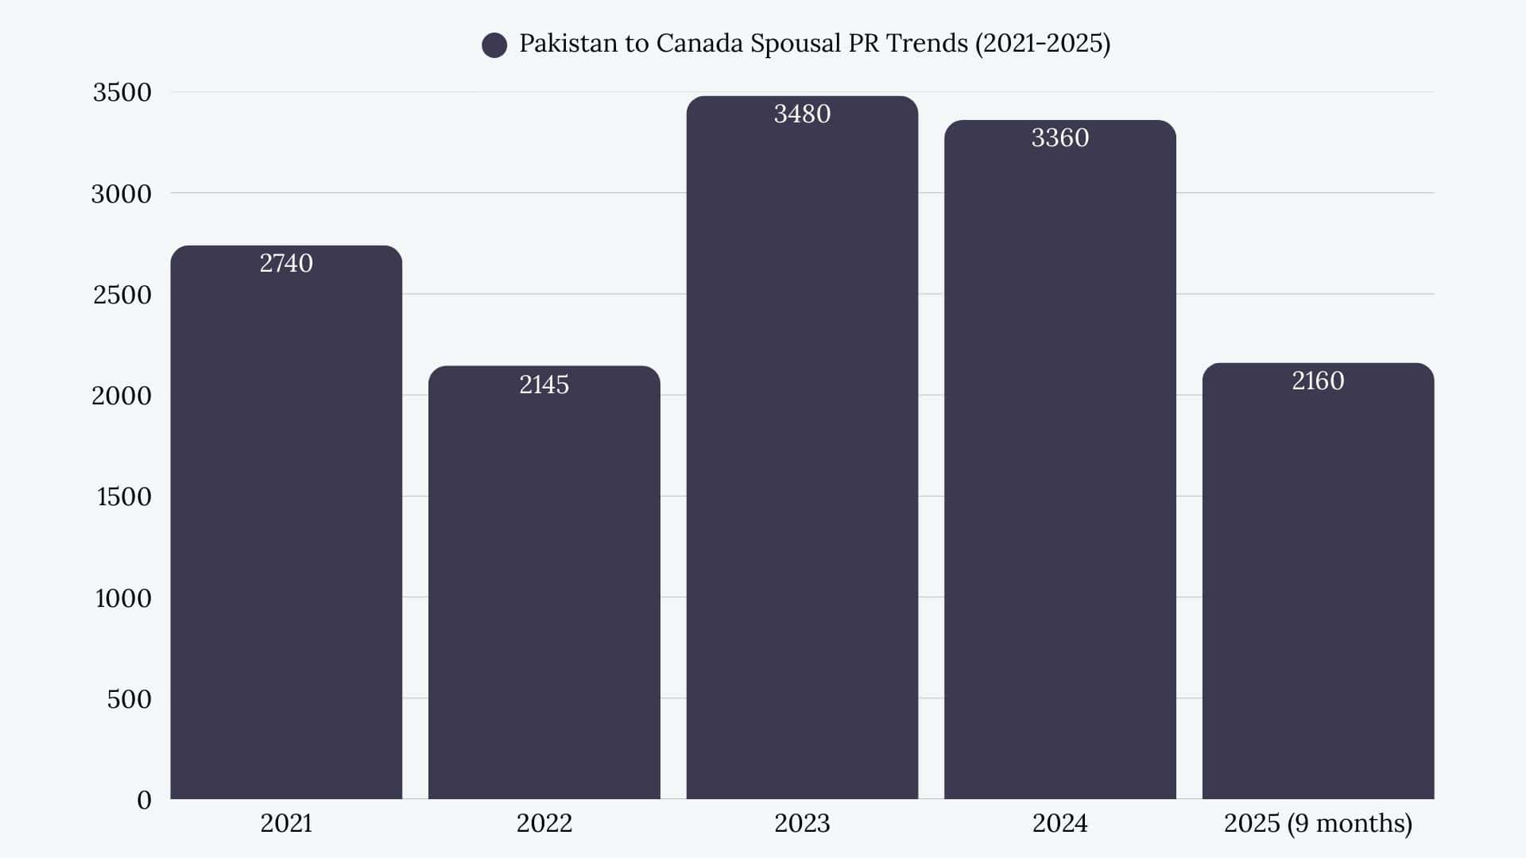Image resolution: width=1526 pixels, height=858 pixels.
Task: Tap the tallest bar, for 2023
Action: click(x=802, y=461)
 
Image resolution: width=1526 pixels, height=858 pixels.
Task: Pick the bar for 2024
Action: click(x=1059, y=477)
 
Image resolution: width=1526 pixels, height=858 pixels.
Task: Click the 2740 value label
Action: click(x=286, y=263)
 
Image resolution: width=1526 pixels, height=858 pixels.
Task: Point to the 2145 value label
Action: click(x=544, y=385)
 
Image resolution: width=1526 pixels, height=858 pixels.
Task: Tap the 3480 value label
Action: click(x=802, y=114)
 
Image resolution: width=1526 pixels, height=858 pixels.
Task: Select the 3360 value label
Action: click(x=1059, y=138)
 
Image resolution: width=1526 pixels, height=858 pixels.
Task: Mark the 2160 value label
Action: click(x=1318, y=381)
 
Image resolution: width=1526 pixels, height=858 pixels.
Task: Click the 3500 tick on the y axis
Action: click(x=122, y=92)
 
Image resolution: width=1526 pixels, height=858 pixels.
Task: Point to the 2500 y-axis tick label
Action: click(x=122, y=295)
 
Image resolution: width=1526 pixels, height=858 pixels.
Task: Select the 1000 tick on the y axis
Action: click(x=123, y=598)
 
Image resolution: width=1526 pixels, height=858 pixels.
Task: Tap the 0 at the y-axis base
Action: click(x=144, y=800)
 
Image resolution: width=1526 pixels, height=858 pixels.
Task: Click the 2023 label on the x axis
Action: click(x=802, y=823)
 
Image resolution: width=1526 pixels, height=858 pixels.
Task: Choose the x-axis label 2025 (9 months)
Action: click(x=1318, y=823)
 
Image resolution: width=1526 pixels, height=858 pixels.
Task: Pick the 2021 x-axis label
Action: click(x=286, y=823)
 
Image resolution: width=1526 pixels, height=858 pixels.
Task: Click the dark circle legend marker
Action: click(x=494, y=45)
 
